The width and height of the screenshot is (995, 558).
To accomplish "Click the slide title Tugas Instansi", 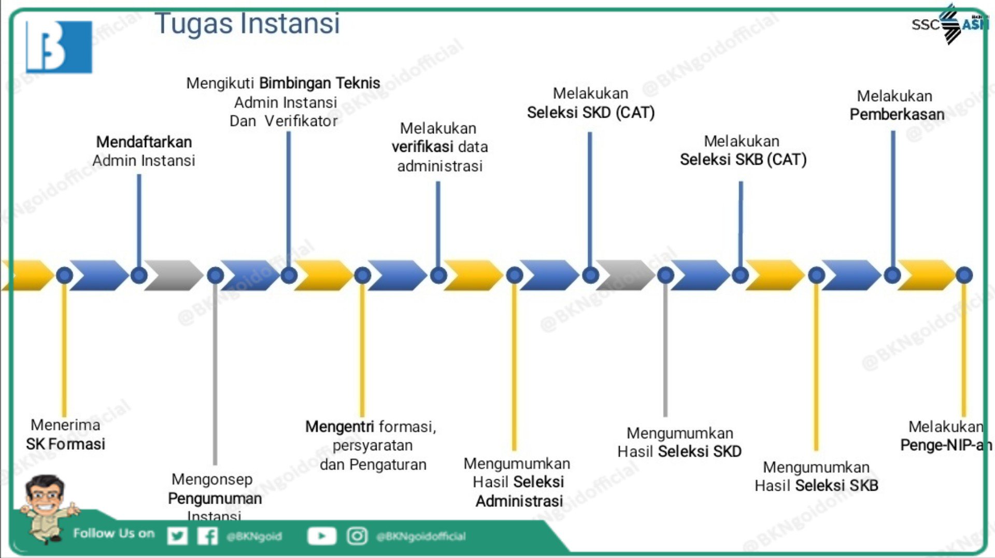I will pyautogui.click(x=247, y=24).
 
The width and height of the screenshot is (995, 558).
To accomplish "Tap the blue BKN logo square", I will pyautogui.click(x=59, y=47).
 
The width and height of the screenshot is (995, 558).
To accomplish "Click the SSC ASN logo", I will pyautogui.click(x=950, y=24).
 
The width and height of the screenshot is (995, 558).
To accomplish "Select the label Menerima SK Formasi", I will pyautogui.click(x=66, y=434).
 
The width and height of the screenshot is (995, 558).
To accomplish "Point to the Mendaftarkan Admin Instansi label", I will pyautogui.click(x=144, y=151).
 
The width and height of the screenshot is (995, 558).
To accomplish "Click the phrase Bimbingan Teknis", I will pyautogui.click(x=319, y=83).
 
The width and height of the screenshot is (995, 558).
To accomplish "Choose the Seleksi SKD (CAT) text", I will pyautogui.click(x=591, y=112).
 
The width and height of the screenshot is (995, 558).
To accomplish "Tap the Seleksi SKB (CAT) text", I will pyautogui.click(x=743, y=159).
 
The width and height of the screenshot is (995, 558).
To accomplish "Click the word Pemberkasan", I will pyautogui.click(x=897, y=114).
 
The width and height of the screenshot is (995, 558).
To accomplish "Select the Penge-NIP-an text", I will pyautogui.click(x=946, y=445).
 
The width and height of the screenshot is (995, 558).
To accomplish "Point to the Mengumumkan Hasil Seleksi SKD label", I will pyautogui.click(x=679, y=442).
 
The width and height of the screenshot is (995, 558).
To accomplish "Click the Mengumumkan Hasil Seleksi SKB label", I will pyautogui.click(x=816, y=476).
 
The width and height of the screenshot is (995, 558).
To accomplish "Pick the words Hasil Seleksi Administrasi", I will pyautogui.click(x=518, y=491).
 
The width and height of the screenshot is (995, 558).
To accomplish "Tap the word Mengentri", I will pyautogui.click(x=339, y=426).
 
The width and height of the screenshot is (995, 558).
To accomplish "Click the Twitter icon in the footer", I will pyautogui.click(x=177, y=536).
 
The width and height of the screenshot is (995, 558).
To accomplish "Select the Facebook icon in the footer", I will pyautogui.click(x=207, y=536).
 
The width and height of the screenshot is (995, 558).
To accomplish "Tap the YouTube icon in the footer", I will pyautogui.click(x=321, y=536).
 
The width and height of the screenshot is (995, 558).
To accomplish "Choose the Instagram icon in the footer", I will pyautogui.click(x=357, y=536).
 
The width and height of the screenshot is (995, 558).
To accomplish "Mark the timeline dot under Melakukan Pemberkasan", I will pyautogui.click(x=892, y=275).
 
